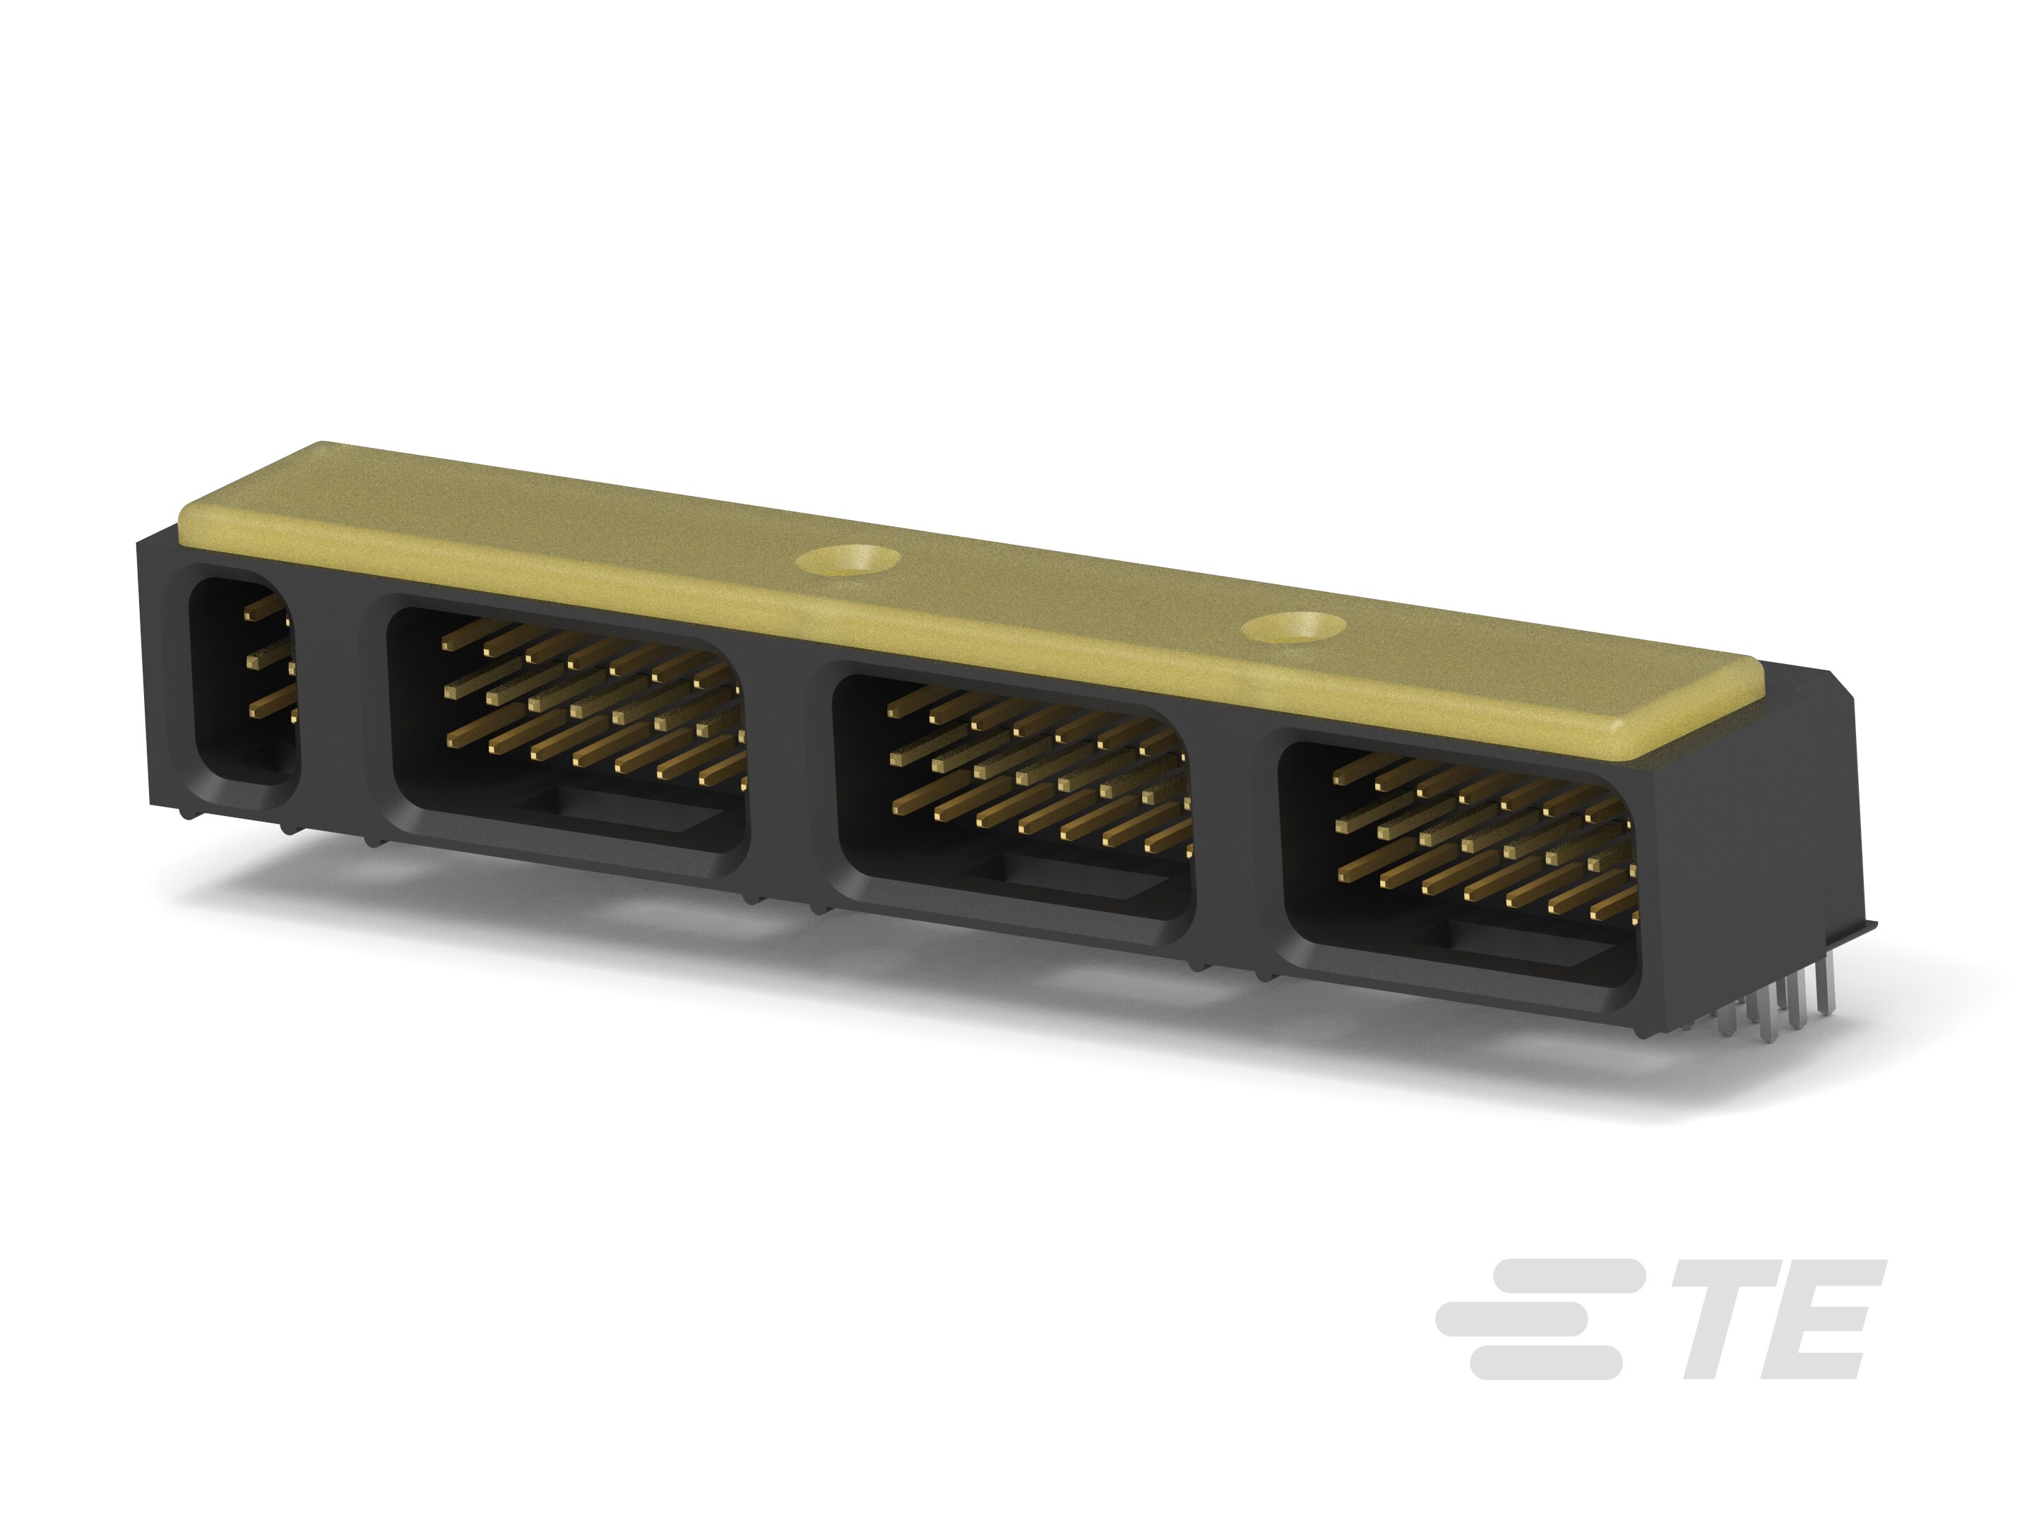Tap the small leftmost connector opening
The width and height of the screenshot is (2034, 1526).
243,680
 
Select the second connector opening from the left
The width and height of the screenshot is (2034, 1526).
569,731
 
